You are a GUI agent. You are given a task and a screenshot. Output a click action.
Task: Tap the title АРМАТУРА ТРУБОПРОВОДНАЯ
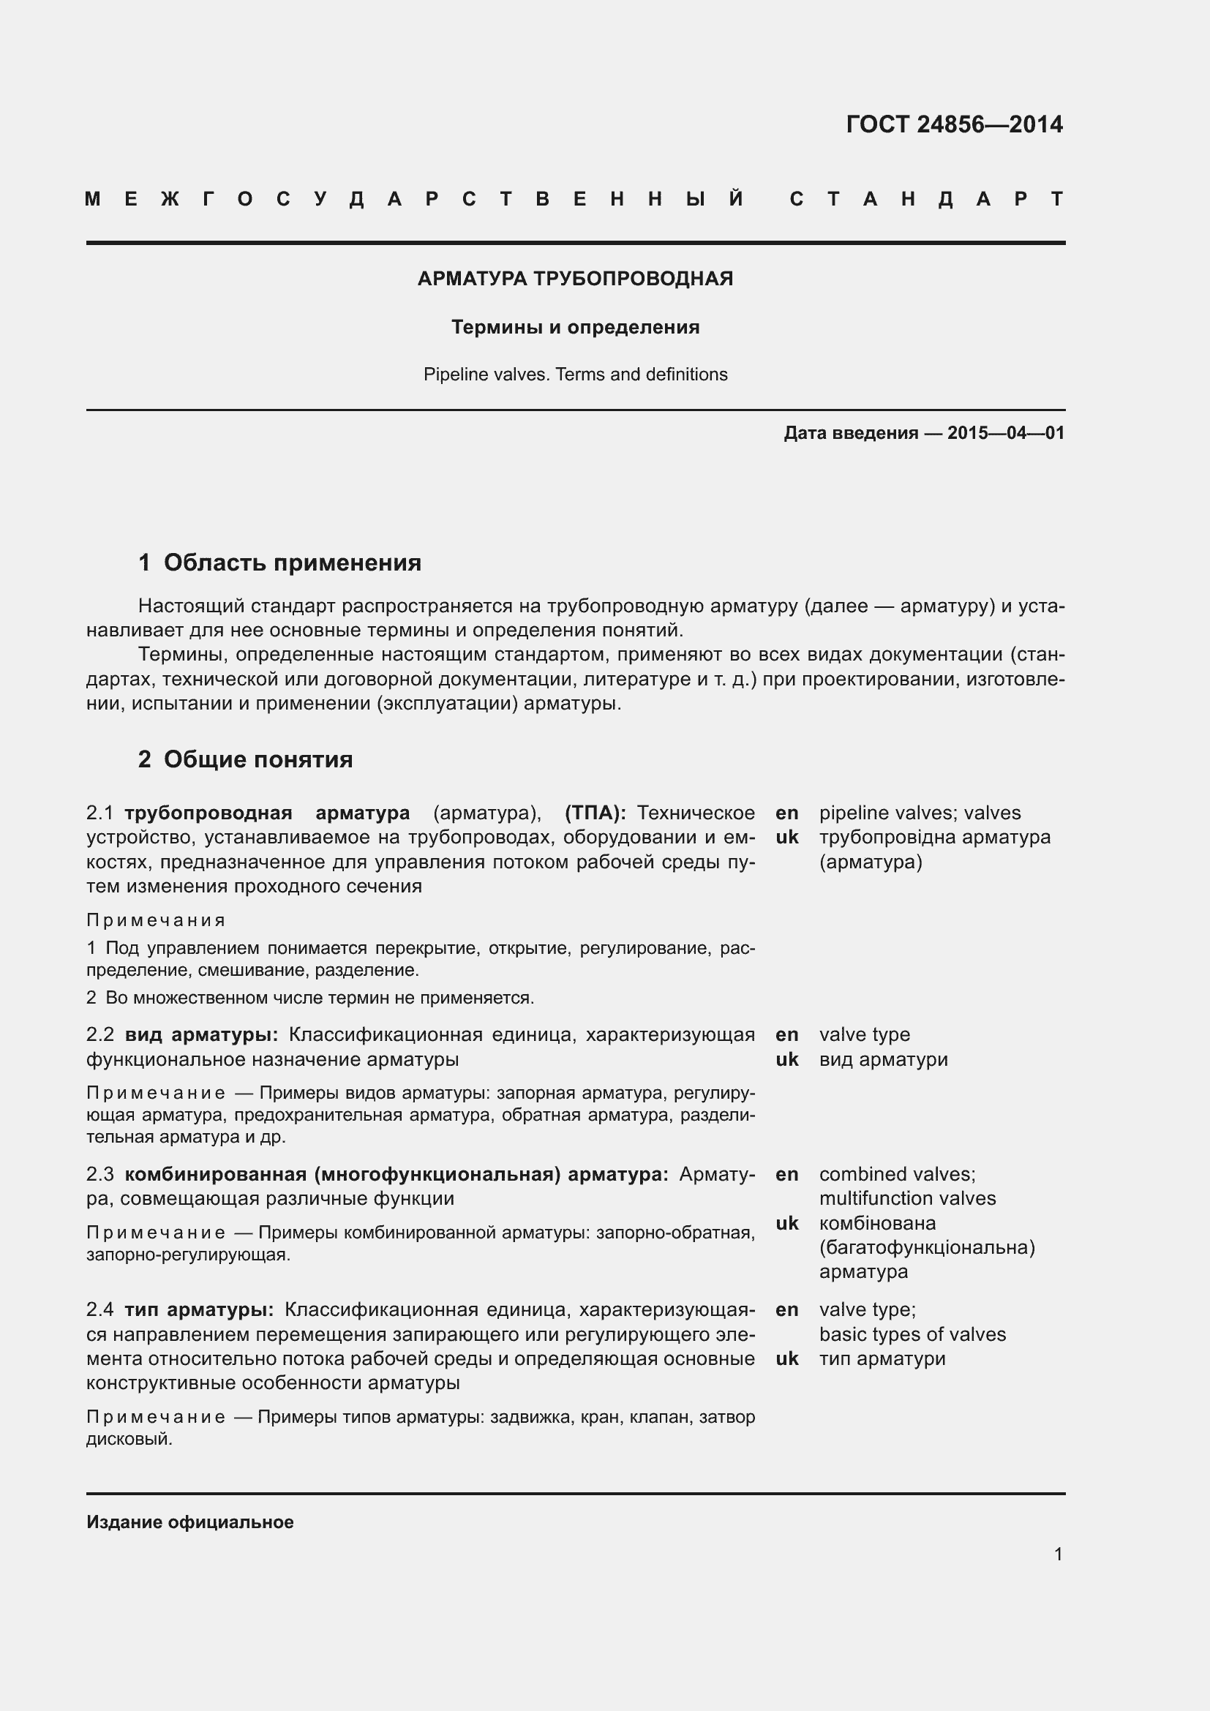coord(575,279)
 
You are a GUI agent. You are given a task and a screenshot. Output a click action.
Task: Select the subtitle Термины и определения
coord(575,327)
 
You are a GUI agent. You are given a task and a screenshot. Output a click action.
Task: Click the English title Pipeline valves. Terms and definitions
coord(575,374)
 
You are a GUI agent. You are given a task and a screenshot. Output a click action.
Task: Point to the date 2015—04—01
coord(1006,433)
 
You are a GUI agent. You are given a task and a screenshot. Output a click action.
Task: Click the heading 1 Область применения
coord(279,563)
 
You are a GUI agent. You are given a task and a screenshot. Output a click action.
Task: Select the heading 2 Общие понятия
coord(245,759)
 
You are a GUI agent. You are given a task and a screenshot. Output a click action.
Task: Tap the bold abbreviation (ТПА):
coord(595,812)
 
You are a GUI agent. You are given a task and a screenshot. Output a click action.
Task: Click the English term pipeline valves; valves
coord(920,813)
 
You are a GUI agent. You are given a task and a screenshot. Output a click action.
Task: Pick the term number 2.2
coord(99,1034)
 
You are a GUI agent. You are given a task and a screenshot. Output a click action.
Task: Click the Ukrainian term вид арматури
coord(883,1059)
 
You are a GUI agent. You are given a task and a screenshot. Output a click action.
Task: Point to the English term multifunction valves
coord(906,1198)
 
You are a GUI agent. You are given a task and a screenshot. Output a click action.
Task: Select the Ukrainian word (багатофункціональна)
coord(927,1247)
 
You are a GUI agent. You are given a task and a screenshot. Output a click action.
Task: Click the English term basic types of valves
coord(912,1334)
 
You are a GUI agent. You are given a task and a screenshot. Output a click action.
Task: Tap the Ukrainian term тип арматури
coord(882,1358)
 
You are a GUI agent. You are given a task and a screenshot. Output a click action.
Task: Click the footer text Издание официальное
coord(190,1522)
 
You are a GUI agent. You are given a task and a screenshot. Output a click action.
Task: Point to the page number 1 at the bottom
coord(1058,1554)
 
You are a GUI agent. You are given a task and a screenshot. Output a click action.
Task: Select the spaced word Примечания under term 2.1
coord(156,920)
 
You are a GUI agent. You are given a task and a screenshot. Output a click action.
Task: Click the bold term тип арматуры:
coord(199,1309)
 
